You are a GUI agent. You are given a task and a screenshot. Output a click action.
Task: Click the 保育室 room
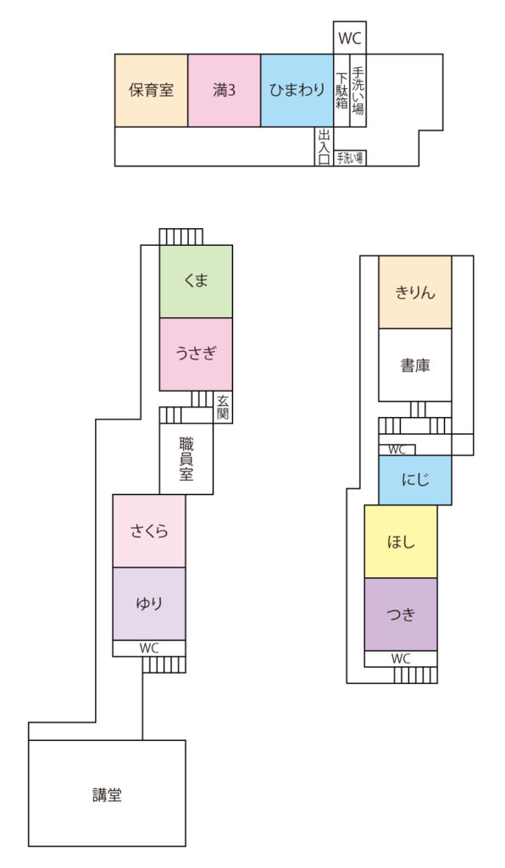pyautogui.click(x=151, y=90)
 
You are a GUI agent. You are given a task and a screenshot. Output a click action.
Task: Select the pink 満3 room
pyautogui.click(x=224, y=90)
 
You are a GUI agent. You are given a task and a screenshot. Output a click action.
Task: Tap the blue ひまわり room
pyautogui.click(x=297, y=90)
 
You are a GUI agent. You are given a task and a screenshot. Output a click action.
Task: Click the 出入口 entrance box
pyautogui.click(x=325, y=147)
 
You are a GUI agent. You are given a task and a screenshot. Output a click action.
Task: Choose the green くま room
pyautogui.click(x=196, y=281)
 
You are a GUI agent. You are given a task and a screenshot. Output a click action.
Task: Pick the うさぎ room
pyautogui.click(x=196, y=354)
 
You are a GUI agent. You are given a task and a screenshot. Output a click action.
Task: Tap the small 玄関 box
pyautogui.click(x=223, y=407)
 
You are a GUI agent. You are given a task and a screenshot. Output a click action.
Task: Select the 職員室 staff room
pyautogui.click(x=186, y=459)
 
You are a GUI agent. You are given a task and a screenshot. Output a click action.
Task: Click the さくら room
pyautogui.click(x=149, y=531)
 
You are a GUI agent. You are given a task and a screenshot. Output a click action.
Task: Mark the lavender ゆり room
pyautogui.click(x=149, y=604)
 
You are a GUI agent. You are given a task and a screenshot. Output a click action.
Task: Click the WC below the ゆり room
pyautogui.click(x=149, y=648)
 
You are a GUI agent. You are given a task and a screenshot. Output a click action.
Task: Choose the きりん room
pyautogui.click(x=415, y=292)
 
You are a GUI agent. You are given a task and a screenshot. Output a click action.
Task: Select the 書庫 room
pyautogui.click(x=415, y=364)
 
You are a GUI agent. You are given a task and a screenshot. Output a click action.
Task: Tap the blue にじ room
pyautogui.click(x=415, y=480)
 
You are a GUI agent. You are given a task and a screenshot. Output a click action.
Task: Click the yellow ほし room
pyautogui.click(x=401, y=542)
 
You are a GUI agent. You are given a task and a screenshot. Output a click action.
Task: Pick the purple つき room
pyautogui.click(x=401, y=614)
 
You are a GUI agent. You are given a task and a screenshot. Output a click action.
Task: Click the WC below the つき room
pyautogui.click(x=401, y=659)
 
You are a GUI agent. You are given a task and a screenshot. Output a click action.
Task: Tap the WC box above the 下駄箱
pyautogui.click(x=350, y=38)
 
